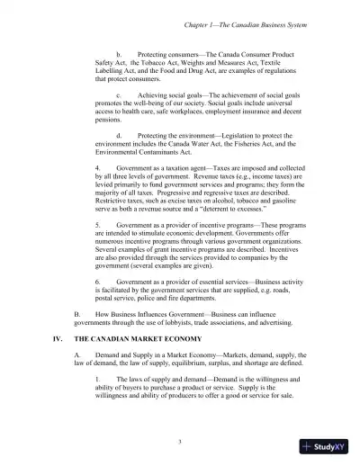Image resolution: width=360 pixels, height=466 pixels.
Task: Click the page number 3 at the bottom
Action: click(x=180, y=440)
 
